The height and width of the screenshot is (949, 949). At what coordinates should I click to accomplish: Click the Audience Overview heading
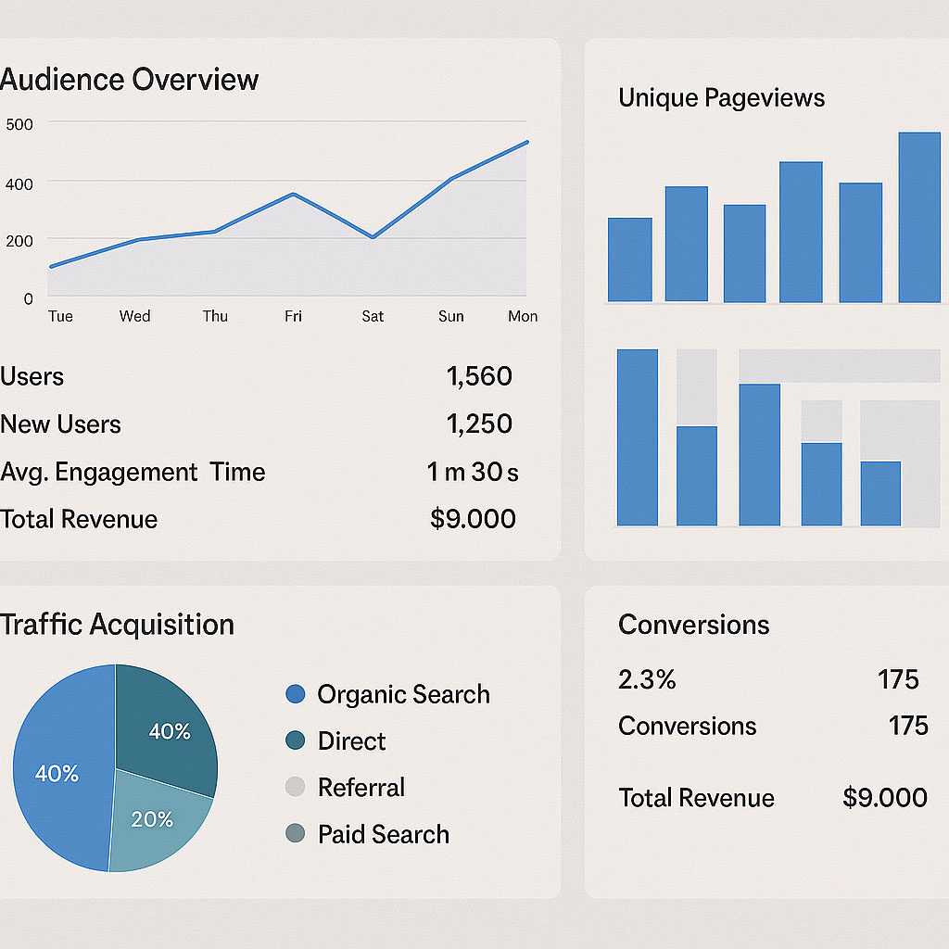[130, 80]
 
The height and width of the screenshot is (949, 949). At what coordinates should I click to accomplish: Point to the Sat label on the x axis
[373, 316]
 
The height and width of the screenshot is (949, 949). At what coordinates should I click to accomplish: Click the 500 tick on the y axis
[19, 124]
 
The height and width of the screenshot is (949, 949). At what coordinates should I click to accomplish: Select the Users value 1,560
[478, 376]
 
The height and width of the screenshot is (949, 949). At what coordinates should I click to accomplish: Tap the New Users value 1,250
[478, 424]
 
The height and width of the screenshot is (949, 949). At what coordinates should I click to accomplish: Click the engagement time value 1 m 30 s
[473, 472]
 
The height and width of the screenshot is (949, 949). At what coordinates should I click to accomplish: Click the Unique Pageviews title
[721, 98]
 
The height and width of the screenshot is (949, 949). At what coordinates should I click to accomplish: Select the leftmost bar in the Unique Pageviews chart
[629, 259]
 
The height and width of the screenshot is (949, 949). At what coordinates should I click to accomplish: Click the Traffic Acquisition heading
[118, 625]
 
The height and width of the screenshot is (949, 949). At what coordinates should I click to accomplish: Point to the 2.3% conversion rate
[647, 679]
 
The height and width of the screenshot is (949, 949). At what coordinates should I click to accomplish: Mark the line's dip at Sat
[373, 237]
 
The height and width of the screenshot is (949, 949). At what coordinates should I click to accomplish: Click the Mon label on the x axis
[523, 316]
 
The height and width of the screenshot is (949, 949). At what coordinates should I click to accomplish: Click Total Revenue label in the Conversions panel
[696, 798]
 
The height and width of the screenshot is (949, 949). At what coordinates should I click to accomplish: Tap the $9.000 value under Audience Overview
[473, 519]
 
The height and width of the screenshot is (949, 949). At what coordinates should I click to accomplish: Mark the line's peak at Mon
[526, 142]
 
